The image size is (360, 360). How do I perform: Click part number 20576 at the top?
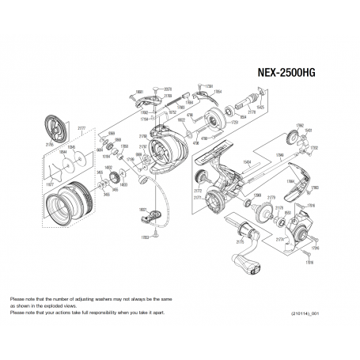tap(168, 89)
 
